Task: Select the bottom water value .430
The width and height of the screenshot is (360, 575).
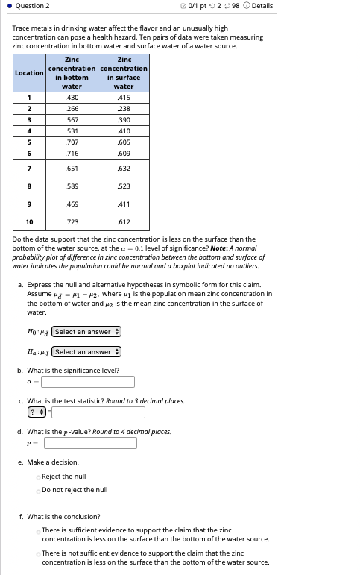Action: coord(72,98)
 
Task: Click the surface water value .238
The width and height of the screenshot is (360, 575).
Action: coord(124,108)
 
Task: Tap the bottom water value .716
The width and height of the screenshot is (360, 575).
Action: coord(72,153)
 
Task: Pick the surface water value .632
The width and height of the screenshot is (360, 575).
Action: coord(124,168)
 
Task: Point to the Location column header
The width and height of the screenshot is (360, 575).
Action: coord(29,72)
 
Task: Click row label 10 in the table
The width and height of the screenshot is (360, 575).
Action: coord(29,222)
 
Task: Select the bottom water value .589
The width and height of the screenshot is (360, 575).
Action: coord(72,186)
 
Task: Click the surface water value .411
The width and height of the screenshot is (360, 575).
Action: coord(124,204)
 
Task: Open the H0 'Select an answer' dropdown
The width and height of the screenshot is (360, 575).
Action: coord(86,332)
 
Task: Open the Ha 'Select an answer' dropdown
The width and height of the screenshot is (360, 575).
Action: coord(86,352)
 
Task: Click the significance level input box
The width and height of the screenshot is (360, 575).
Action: coord(88,382)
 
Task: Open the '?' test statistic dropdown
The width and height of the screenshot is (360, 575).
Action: coord(37,412)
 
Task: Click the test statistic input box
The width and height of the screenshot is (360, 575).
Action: coord(98,412)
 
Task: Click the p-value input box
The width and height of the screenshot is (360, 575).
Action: coord(90,443)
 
